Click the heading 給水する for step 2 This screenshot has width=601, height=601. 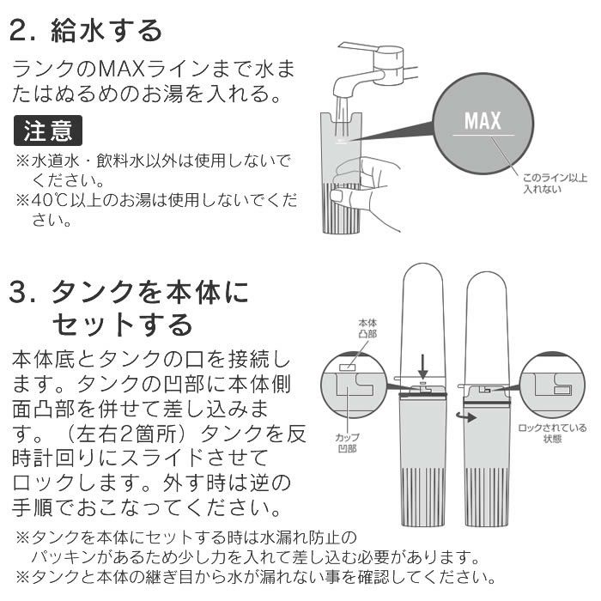pos(108,31)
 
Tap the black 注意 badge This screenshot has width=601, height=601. pos(48,131)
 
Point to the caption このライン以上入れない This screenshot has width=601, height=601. pos(554,184)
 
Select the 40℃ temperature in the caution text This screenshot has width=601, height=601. pos(49,201)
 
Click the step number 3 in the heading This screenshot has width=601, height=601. pos(19,294)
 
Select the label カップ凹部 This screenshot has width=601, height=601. pos(347,442)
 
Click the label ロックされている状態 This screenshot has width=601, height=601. pos(552,433)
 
